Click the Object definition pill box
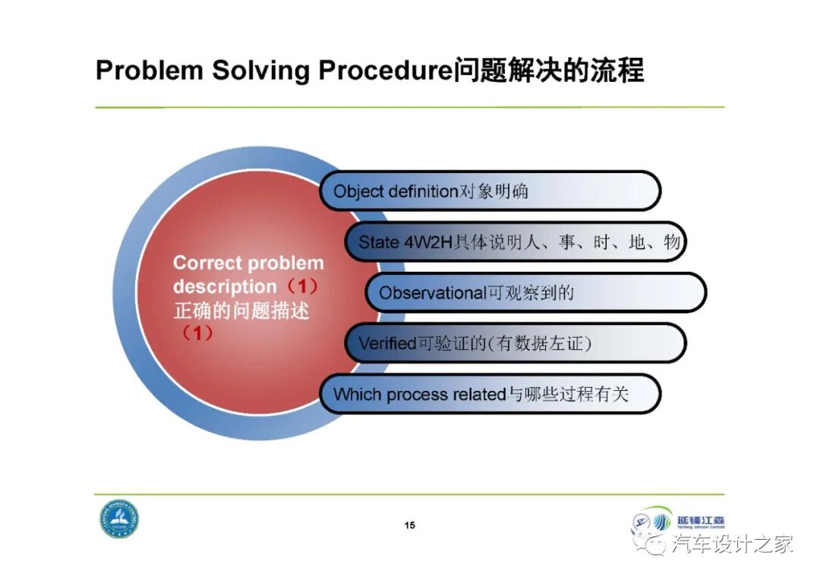pos(490,191)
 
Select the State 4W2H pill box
pos(516,242)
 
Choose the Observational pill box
pos(536,292)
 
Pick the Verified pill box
pos(516,343)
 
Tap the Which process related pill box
pos(490,394)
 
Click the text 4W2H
pos(427,242)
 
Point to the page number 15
pos(410,525)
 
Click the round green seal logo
pos(119,519)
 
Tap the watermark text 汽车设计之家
pos(732,544)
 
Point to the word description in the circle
pos(225,287)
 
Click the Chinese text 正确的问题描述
pos(241,310)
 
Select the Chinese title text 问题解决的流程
pos(548,71)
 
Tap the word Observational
pos(431,292)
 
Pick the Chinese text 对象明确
pos(494,191)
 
